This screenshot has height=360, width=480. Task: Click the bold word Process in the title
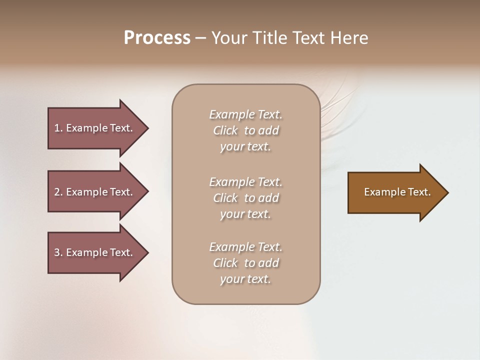click(x=157, y=37)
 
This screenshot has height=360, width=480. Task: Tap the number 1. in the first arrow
click(x=58, y=128)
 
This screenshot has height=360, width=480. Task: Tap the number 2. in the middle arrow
click(x=58, y=192)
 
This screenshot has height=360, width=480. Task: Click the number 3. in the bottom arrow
click(x=58, y=252)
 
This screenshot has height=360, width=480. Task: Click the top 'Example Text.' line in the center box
click(x=245, y=114)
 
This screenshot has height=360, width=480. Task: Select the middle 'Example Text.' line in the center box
click(x=245, y=181)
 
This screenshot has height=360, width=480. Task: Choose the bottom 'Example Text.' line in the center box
click(x=245, y=247)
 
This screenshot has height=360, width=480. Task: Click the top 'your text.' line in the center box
click(x=245, y=147)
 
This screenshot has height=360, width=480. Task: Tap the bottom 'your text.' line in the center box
click(x=245, y=279)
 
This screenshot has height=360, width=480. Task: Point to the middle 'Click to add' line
click(x=245, y=198)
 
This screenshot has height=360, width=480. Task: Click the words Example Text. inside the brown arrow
click(x=397, y=192)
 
